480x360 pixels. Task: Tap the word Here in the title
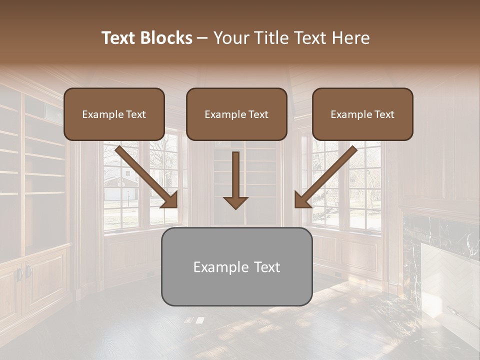[x=350, y=38]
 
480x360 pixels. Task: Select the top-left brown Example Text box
[x=114, y=114]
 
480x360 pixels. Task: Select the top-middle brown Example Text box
[x=236, y=114]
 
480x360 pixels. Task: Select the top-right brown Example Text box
[x=362, y=114]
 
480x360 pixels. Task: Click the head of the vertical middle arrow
[x=235, y=202]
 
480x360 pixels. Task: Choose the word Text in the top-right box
[x=384, y=114]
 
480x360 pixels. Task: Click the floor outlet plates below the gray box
[x=195, y=320]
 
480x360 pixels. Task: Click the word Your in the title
[x=230, y=38]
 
